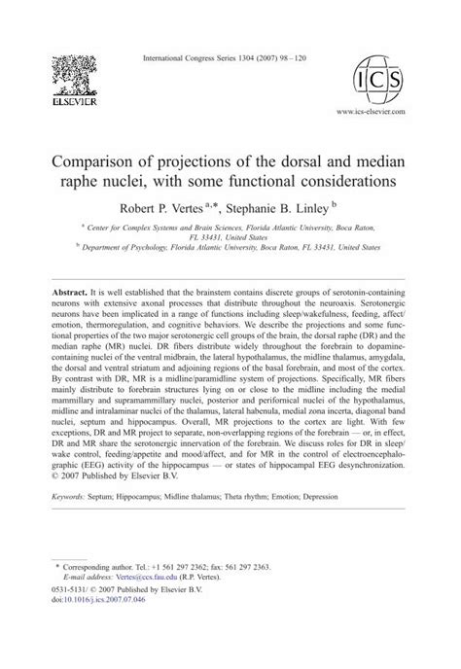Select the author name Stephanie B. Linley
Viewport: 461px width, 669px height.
291,207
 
